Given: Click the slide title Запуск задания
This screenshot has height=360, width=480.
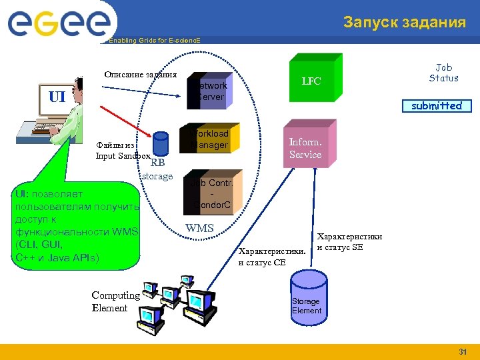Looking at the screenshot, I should point(405,22).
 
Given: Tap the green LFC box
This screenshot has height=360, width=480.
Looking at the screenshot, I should point(312,80).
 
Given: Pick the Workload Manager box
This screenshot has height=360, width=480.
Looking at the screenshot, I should point(209,139).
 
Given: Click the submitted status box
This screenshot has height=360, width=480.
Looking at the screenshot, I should point(436,105).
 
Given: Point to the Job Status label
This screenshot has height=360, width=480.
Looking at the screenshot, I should point(443,73).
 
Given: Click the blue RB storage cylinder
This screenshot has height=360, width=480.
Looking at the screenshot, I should point(160,144).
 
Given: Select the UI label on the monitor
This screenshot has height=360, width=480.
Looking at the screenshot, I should point(57,97).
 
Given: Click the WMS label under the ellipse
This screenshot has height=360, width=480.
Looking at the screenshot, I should point(199,229).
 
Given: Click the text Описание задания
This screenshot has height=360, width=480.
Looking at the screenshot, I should point(140,74).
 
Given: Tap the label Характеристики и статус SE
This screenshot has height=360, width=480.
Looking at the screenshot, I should point(349,242).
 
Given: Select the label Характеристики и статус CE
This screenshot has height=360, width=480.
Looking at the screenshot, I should point(271,257).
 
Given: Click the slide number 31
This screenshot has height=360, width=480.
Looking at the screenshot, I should point(462,351).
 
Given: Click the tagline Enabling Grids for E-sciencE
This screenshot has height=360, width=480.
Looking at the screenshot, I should point(154,41).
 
